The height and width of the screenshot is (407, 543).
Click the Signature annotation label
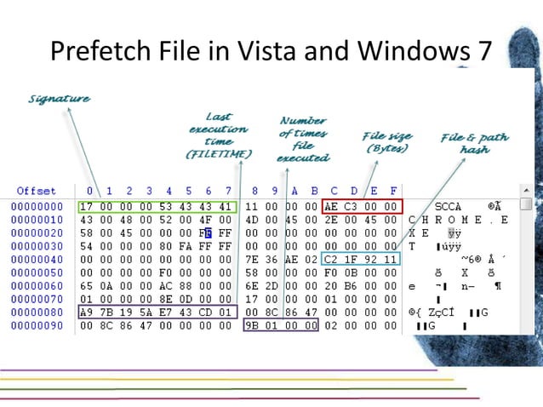(59, 99)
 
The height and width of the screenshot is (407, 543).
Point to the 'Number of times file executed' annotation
(303, 139)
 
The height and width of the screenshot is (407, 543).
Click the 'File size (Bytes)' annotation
(387, 141)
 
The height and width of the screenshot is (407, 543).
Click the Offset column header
(36, 191)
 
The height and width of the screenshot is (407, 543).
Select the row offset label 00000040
(37, 260)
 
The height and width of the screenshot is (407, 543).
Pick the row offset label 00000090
(37, 326)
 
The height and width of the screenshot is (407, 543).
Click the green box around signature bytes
(157, 206)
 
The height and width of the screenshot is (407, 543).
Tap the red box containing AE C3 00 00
(363, 206)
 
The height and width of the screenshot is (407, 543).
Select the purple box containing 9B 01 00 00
(281, 326)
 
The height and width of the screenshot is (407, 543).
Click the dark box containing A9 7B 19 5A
(157, 312)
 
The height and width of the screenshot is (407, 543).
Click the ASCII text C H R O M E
(460, 220)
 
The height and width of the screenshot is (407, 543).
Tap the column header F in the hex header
(392, 191)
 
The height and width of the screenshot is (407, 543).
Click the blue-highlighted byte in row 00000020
(208, 233)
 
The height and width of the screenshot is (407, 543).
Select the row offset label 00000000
(37, 207)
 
